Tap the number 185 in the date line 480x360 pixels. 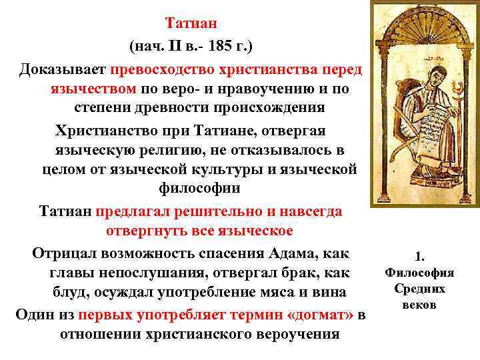coord(221,47)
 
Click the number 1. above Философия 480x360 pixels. coord(419,255)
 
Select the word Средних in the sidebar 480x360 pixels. coord(419,288)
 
